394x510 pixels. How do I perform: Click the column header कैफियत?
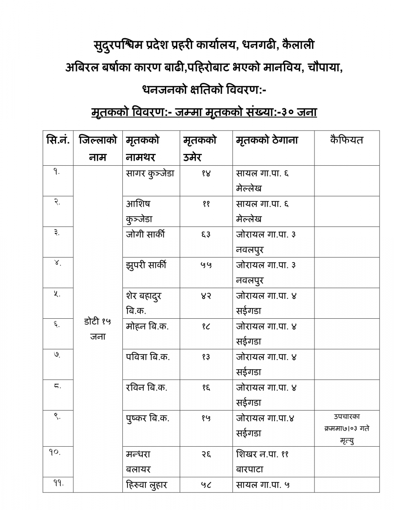pyautogui.click(x=346, y=140)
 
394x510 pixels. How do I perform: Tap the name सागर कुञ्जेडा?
pyautogui.click(x=150, y=173)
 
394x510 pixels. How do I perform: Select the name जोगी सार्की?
pyautogui.click(x=145, y=235)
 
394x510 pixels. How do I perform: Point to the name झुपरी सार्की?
pyautogui.click(x=146, y=265)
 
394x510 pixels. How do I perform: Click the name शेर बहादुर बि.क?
pyautogui.click(x=144, y=303)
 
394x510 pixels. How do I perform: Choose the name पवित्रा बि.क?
pyautogui.click(x=148, y=357)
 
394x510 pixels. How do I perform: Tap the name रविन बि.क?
pyautogui.click(x=147, y=388)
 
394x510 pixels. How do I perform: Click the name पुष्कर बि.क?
pyautogui.click(x=147, y=418)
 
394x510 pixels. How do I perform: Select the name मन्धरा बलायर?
pyautogui.click(x=139, y=462)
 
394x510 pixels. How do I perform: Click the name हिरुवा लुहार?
pyautogui.click(x=147, y=484)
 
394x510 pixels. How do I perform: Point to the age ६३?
pyautogui.click(x=206, y=235)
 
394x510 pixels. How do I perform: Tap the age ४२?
pyautogui.click(x=206, y=296)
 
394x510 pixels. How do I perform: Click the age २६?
pyautogui.click(x=206, y=454)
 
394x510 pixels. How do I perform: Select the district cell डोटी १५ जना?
pyautogui.click(x=97, y=329)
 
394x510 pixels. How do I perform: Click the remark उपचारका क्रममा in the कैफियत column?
pyautogui.click(x=346, y=428)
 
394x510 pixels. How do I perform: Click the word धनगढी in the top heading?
pyautogui.click(x=260, y=44)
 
